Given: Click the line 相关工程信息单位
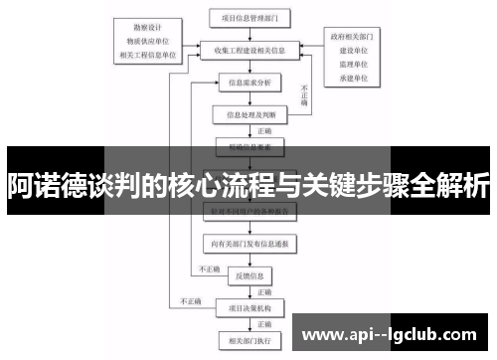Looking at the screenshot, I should (148, 55).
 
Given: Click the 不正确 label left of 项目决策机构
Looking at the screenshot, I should (190, 299).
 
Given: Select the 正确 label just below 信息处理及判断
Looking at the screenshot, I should (264, 130).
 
